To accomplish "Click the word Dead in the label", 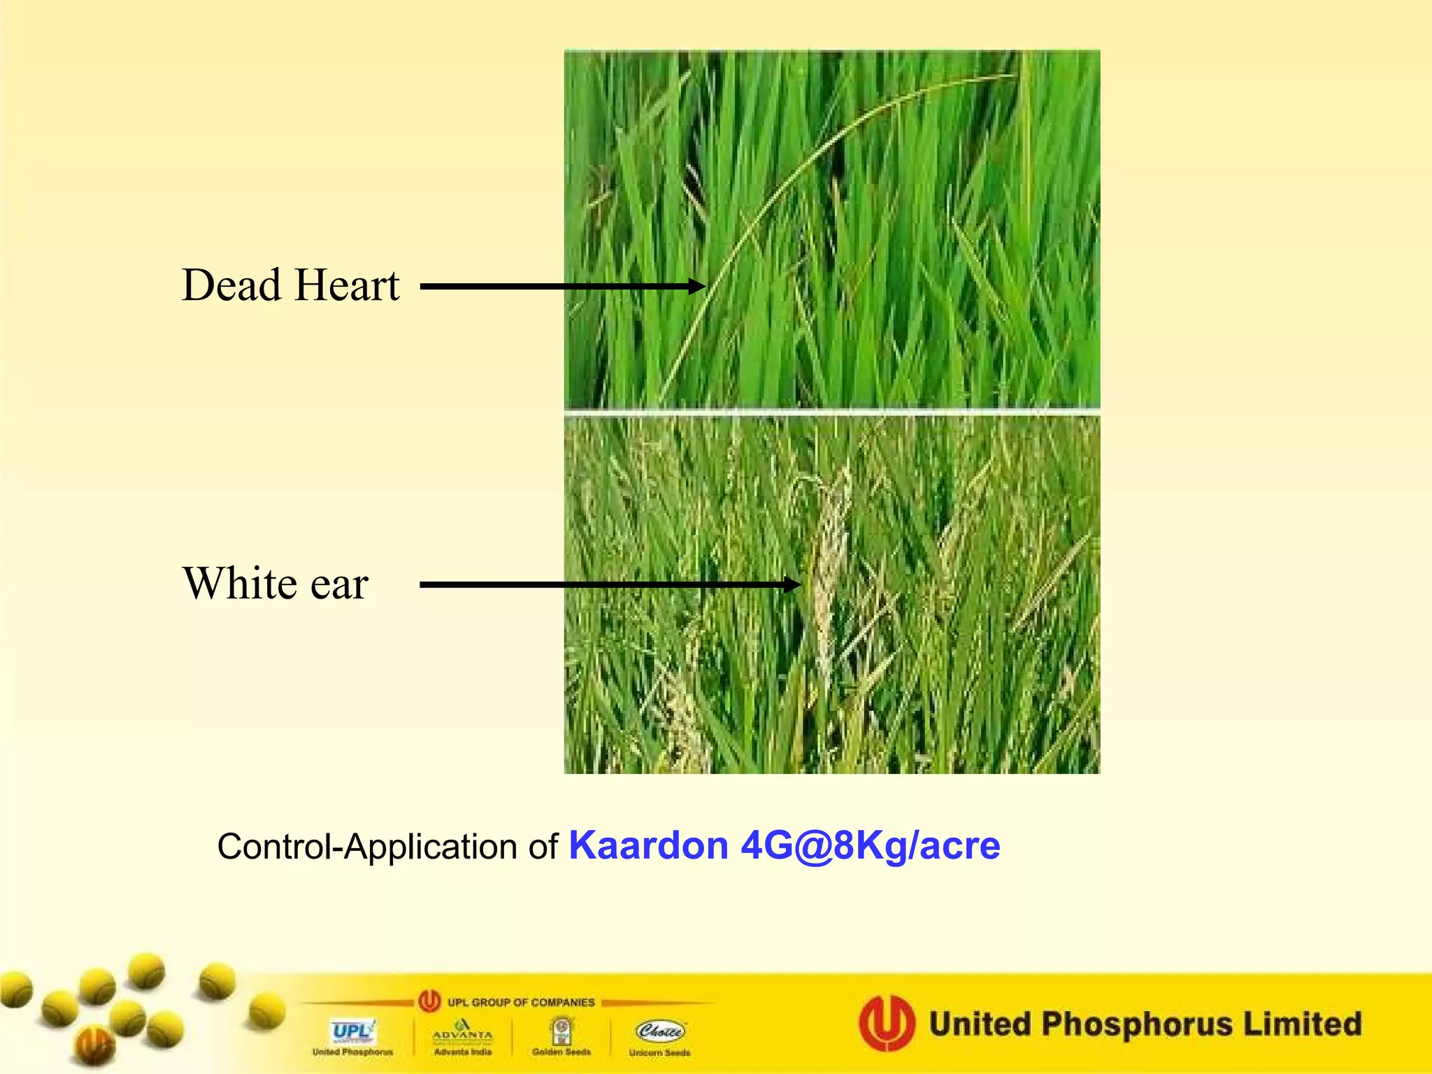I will pos(231,285).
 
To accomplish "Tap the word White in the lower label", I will pos(240,583).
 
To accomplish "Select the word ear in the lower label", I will pos(339,585).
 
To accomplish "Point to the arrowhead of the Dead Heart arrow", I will pos(697,286).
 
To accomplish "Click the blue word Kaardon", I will pos(648,845).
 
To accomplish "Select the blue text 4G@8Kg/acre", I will pos(871,845).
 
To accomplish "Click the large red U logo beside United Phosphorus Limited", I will pos(887,1023).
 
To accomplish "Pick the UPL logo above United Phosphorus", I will pos(352,1031).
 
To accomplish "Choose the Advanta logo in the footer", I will pos(462,1031).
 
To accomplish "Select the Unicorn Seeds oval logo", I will pos(659,1031).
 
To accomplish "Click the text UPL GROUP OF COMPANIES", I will pos(521,1002).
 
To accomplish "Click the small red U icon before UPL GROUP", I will pos(429,1001).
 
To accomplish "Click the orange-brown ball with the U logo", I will pos(94,1046).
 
